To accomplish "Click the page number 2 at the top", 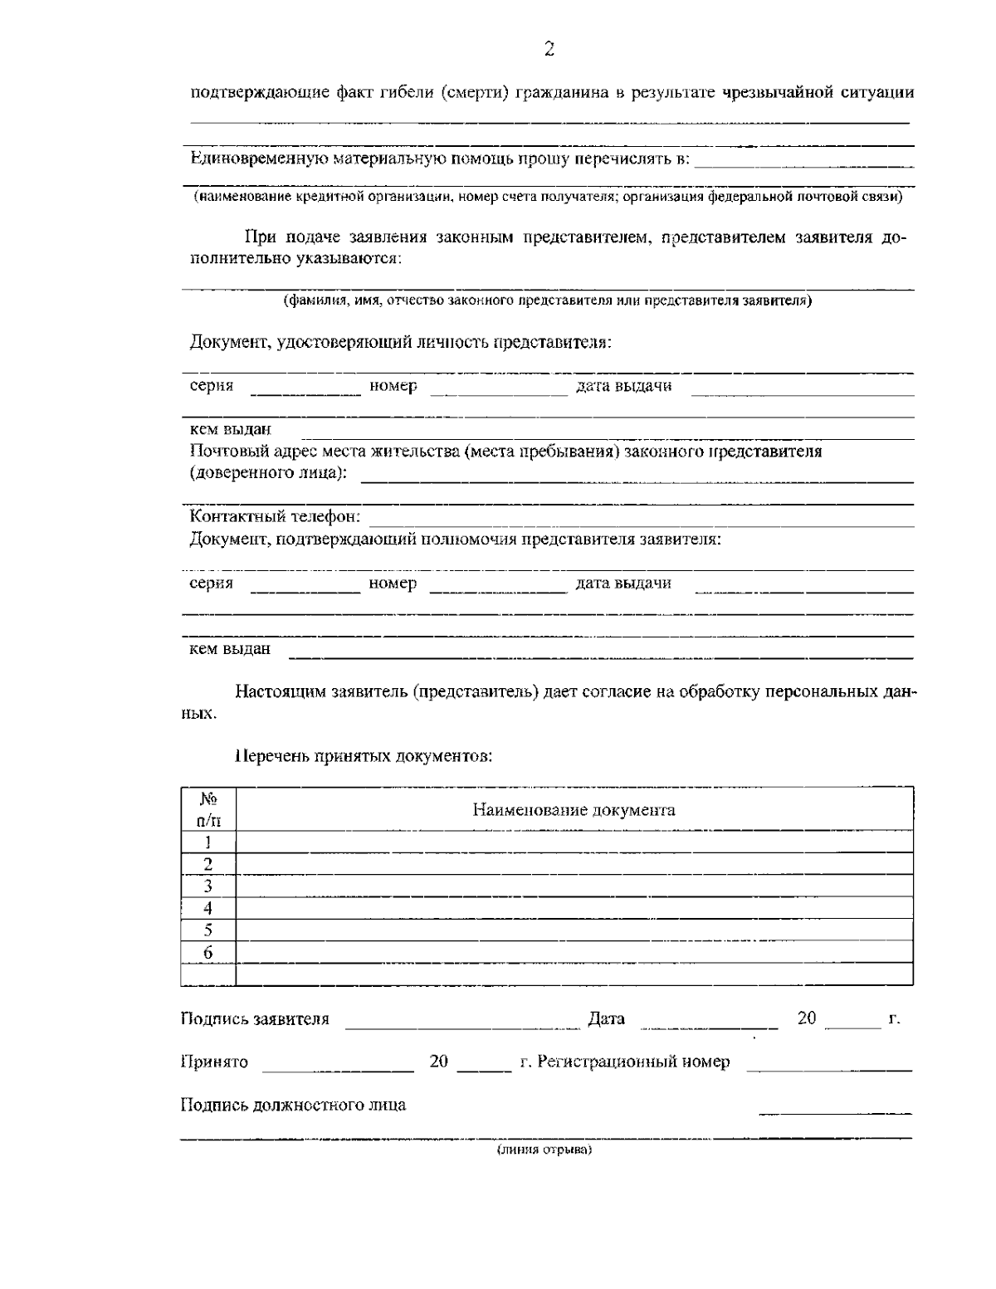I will [549, 50].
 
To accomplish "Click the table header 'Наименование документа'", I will [574, 810].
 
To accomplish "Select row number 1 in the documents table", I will [208, 842].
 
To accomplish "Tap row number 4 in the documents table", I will [208, 908].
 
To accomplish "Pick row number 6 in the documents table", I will [208, 952].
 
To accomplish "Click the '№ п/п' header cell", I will [208, 809].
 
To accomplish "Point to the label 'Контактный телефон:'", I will [275, 517].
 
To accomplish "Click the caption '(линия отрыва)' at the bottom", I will [544, 1150].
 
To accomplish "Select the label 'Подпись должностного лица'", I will [293, 1105].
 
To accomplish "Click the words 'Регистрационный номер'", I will [634, 1062].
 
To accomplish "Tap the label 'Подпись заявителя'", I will [255, 1018].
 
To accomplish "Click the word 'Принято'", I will [214, 1062].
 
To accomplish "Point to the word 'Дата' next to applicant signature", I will [606, 1018].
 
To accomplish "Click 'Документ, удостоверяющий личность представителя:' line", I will [400, 342].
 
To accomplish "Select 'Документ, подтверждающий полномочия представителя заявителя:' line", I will [455, 540].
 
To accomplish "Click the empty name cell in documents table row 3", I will [574, 886].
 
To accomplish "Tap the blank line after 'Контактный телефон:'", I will [639, 520].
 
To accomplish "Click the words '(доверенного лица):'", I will [268, 473].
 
